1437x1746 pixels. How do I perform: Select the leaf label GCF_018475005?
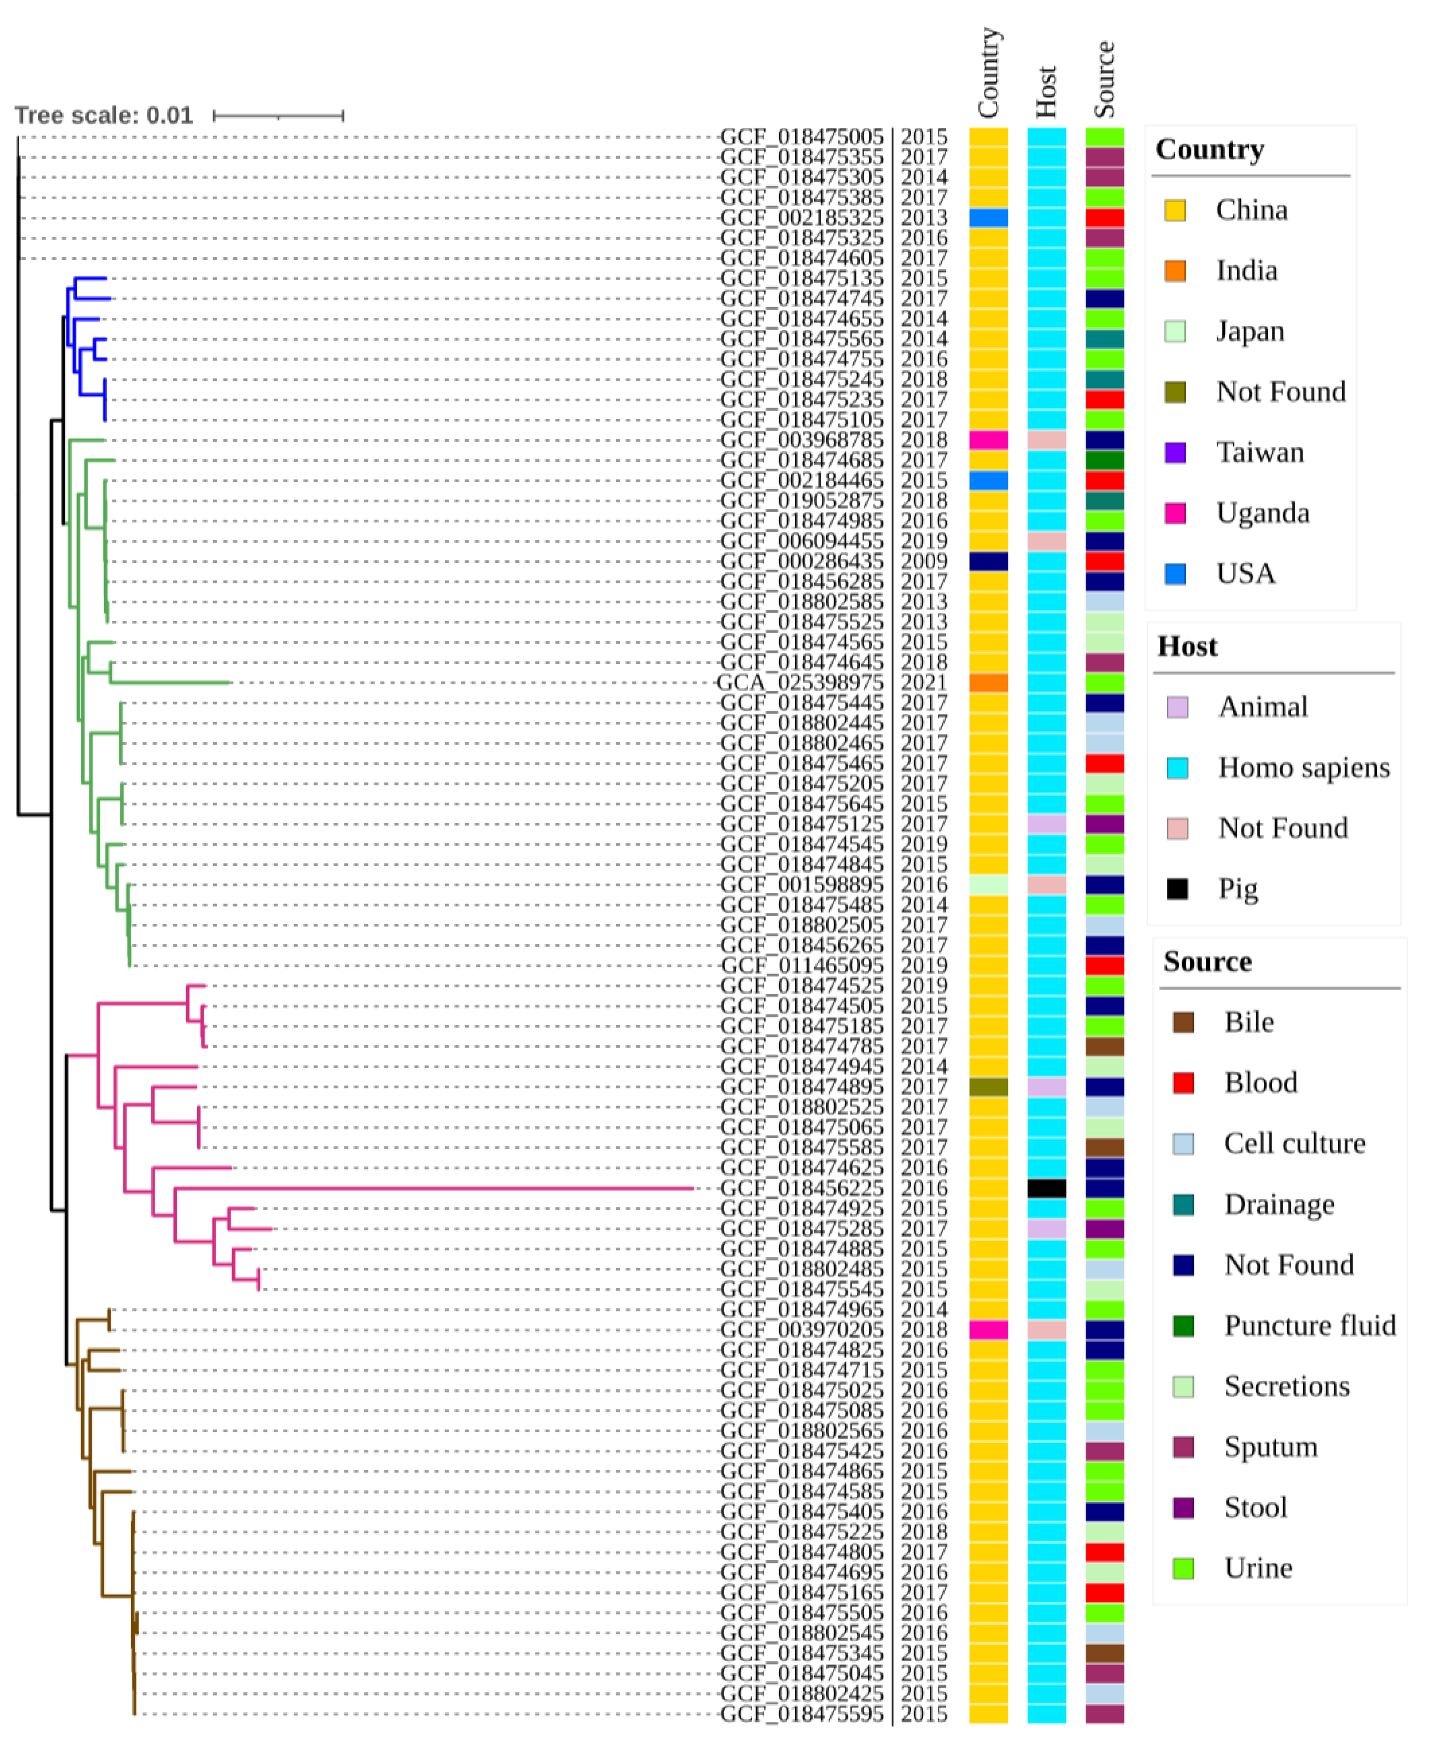coord(801,136)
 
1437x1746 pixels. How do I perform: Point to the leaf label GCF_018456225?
coord(801,1188)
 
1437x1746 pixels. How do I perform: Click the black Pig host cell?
coord(1046,1188)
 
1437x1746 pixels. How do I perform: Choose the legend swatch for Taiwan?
coord(1174,453)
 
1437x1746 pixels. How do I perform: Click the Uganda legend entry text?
coord(1262,513)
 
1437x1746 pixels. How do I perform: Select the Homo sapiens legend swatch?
coord(1177,768)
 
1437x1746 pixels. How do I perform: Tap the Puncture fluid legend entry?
coord(1310,1325)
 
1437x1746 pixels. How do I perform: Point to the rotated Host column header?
coord(1046,91)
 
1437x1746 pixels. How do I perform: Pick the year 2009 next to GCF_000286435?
coord(924,562)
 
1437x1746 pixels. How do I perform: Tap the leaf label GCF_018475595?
coord(801,1714)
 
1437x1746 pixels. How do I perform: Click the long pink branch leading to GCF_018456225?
coord(430,1188)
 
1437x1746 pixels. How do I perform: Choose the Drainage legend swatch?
coord(1183,1205)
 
